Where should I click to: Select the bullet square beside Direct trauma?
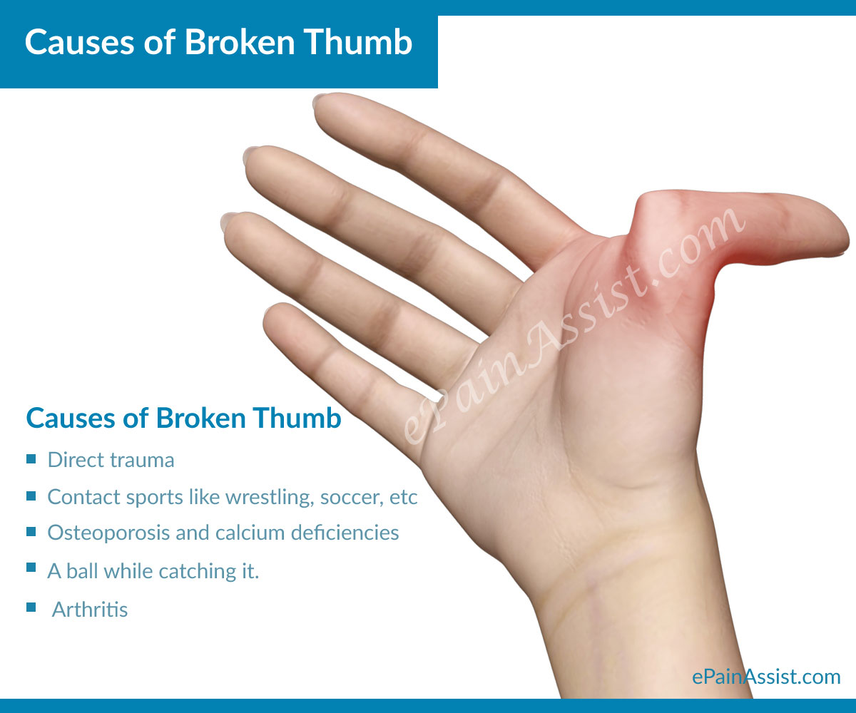click(x=31, y=459)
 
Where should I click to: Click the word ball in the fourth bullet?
click(x=84, y=570)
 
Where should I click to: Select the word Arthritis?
click(x=90, y=610)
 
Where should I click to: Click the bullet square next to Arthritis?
click(x=31, y=607)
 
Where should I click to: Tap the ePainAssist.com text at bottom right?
click(x=766, y=676)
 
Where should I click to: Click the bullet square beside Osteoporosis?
click(x=31, y=531)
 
